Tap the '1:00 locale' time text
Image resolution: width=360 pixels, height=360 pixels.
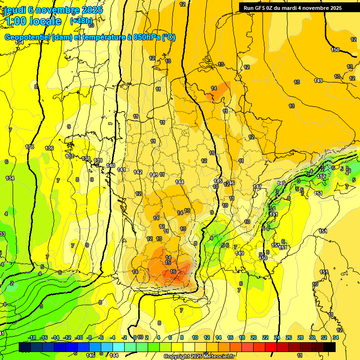34,21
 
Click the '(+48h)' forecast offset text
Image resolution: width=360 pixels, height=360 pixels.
81,21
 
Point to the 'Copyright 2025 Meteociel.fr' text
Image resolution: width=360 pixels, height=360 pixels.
199,357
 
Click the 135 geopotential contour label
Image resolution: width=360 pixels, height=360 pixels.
30,147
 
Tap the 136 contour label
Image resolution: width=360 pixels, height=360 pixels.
49,148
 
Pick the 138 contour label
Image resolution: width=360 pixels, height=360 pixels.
86,159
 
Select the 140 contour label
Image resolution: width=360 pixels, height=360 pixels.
111,165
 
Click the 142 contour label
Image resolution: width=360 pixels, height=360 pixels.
138,172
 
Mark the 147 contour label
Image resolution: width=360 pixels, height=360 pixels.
257,187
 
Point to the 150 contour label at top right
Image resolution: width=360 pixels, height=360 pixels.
335,50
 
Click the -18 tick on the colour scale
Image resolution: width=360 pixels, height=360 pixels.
32,337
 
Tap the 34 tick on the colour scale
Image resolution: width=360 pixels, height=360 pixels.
336,337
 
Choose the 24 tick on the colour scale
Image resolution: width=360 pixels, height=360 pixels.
277,337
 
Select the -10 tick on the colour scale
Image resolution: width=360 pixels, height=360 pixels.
79,337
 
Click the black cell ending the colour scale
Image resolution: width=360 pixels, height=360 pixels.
330,347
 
